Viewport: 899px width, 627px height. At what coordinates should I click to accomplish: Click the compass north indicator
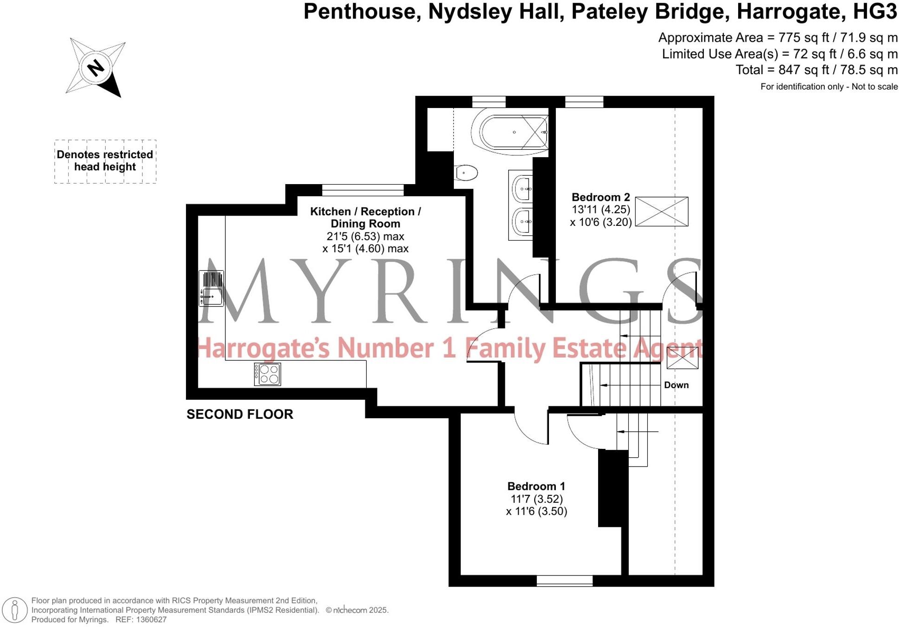coord(96,68)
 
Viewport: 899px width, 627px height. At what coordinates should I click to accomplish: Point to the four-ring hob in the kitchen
coord(268,374)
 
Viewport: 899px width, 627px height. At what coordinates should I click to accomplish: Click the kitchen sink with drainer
coord(211,288)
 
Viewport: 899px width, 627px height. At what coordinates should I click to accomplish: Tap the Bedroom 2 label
coord(600,197)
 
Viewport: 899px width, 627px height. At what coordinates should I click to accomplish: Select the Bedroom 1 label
coord(536,486)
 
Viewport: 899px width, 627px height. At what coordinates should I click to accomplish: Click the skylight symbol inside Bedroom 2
coord(661,211)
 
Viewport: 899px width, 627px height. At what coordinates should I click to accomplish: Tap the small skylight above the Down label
coord(682,358)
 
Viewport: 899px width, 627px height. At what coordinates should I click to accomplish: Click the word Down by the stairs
coord(676,385)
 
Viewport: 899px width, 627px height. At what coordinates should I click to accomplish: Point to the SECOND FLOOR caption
coord(240,414)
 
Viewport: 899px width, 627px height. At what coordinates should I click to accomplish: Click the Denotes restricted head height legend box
coord(105,161)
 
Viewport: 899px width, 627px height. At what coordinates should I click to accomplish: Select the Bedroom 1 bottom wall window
coord(564,581)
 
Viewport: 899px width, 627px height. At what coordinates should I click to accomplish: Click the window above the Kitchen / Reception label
coord(363,190)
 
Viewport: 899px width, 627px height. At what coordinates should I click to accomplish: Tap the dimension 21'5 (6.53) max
coord(365,236)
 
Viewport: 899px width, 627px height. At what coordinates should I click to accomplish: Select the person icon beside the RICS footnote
coord(15,609)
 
